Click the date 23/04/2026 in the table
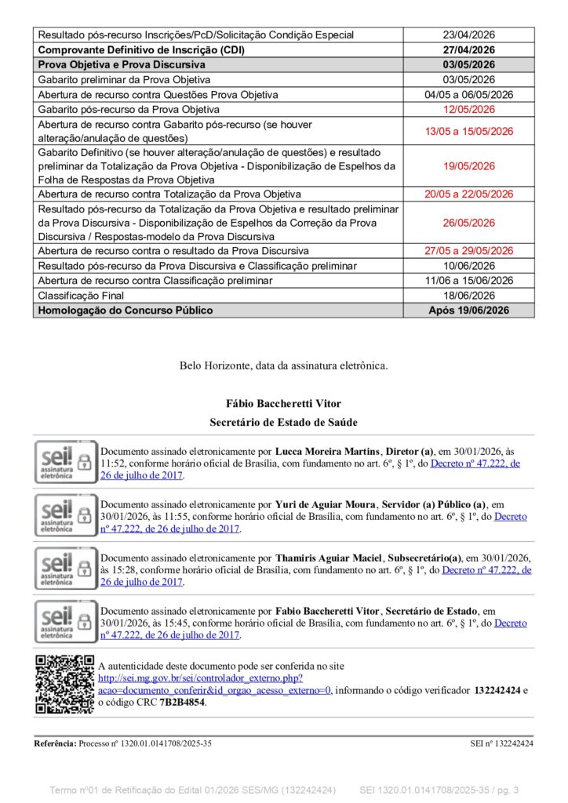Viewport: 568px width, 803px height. [x=469, y=35]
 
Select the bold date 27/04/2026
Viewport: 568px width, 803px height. [x=469, y=49]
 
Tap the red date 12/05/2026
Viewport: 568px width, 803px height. [x=469, y=109]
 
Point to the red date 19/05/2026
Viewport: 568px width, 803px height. [x=469, y=165]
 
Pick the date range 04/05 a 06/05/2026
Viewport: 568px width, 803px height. [x=469, y=95]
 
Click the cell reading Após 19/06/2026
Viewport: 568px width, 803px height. [x=469, y=311]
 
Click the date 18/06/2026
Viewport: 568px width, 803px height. [x=469, y=296]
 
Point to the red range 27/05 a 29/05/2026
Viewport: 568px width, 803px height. [x=469, y=251]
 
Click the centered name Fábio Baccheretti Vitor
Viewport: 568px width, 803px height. [x=283, y=405]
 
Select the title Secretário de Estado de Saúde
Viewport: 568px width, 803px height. [x=283, y=423]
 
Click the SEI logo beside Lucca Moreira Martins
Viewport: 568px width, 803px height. [x=65, y=462]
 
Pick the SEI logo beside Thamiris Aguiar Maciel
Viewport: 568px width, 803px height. [x=65, y=569]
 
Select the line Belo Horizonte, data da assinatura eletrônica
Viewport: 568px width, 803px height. [x=283, y=365]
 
